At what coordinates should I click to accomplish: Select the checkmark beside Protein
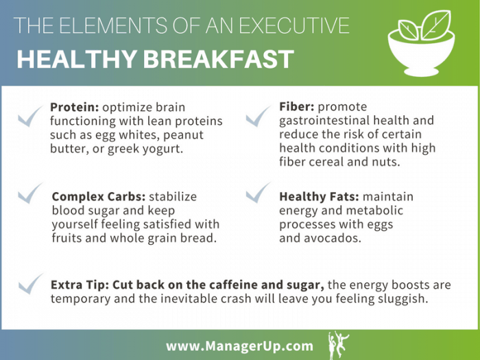pyautogui.click(x=31, y=117)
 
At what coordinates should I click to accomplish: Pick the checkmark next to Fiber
pyautogui.click(x=259, y=117)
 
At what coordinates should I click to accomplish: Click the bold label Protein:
pyautogui.click(x=75, y=107)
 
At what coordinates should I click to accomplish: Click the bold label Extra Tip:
pyautogui.click(x=80, y=285)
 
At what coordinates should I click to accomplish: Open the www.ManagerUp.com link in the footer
pyautogui.click(x=239, y=346)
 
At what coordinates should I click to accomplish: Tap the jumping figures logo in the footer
pyautogui.click(x=338, y=345)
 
